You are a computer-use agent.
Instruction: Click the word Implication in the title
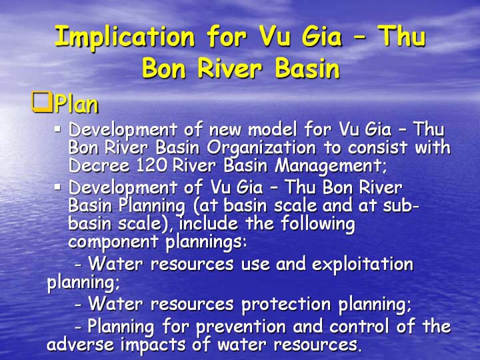pyautogui.click(x=125, y=37)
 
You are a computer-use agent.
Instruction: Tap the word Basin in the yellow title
pyautogui.click(x=307, y=67)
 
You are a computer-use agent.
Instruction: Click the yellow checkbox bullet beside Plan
pyautogui.click(x=42, y=101)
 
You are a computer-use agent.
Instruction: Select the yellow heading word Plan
pyautogui.click(x=77, y=104)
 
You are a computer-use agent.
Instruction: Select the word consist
pyautogui.click(x=377, y=147)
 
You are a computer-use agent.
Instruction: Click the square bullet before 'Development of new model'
pyautogui.click(x=57, y=129)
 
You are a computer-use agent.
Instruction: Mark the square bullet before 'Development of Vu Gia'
pyautogui.click(x=57, y=187)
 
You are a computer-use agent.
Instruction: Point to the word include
pyautogui.click(x=209, y=223)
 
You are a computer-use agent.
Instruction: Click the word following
pyautogui.click(x=318, y=224)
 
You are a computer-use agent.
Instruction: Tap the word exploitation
pyautogui.click(x=363, y=265)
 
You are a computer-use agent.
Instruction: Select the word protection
pyautogui.click(x=286, y=305)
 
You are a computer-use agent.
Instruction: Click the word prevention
pyautogui.click(x=241, y=327)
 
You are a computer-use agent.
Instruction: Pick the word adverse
pyautogui.click(x=81, y=345)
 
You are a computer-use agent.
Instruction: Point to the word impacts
pyautogui.click(x=153, y=345)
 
